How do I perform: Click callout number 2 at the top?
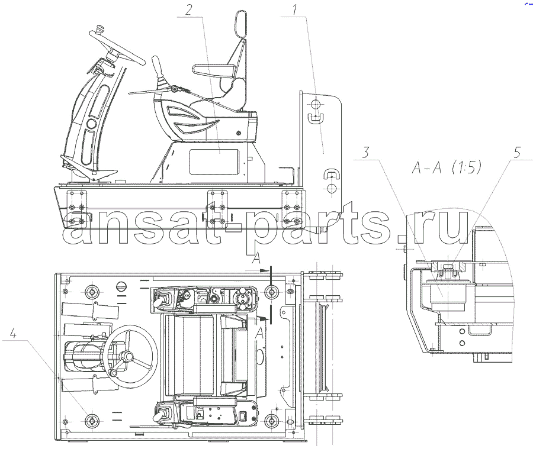[188, 9]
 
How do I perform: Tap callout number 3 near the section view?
[365, 152]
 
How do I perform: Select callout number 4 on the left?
[13, 333]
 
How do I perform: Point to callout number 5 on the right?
[517, 153]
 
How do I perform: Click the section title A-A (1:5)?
[447, 167]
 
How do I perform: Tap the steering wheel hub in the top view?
[128, 357]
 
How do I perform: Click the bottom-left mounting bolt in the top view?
[91, 421]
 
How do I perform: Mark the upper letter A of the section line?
[256, 259]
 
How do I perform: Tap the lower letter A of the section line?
[259, 333]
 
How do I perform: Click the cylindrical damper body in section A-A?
[448, 296]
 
